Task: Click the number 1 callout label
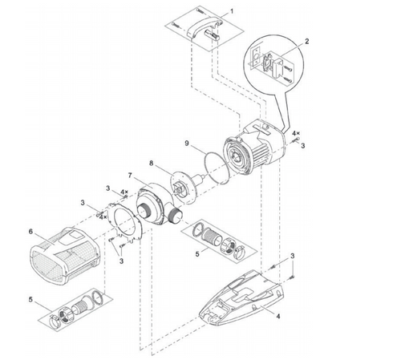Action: pyautogui.click(x=232, y=13)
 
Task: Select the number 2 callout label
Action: pyautogui.click(x=306, y=40)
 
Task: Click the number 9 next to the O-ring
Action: pyautogui.click(x=186, y=144)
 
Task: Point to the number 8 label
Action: pyautogui.click(x=152, y=162)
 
